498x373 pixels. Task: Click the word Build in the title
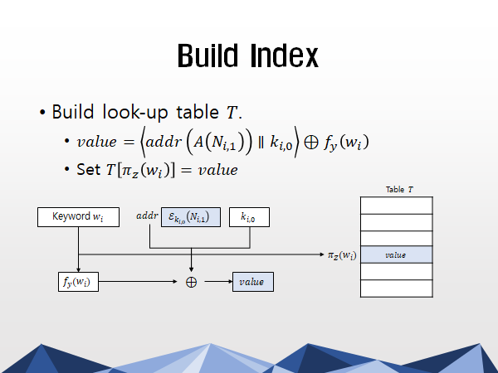click(x=207, y=56)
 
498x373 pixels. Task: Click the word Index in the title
click(x=284, y=56)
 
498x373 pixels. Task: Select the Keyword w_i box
click(x=79, y=217)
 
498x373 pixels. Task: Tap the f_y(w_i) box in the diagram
click(x=78, y=282)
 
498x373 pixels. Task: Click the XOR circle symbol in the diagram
click(x=191, y=282)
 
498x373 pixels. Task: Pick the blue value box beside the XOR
click(x=253, y=282)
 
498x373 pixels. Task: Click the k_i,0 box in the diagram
click(x=249, y=217)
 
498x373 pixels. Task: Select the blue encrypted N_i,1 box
click(x=191, y=217)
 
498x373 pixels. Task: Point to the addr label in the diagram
click(x=147, y=216)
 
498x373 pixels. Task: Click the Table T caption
click(x=399, y=190)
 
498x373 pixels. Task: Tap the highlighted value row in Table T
click(x=397, y=254)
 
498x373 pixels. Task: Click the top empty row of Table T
click(x=397, y=206)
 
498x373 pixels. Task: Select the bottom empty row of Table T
click(x=397, y=288)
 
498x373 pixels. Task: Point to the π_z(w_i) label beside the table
click(x=342, y=255)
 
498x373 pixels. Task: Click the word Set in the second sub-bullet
click(x=89, y=169)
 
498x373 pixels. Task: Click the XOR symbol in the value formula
click(x=311, y=142)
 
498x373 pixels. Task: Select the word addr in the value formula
click(x=164, y=142)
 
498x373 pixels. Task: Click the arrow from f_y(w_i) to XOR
click(x=138, y=281)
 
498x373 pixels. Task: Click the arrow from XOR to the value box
click(x=218, y=281)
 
